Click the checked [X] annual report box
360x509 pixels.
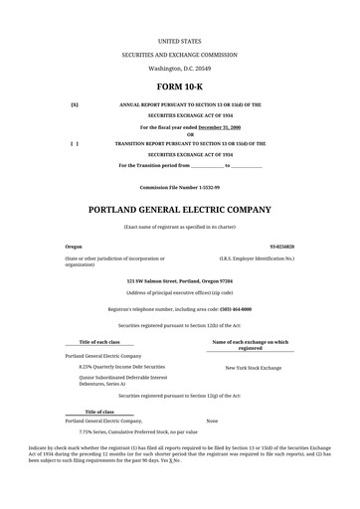click(75, 103)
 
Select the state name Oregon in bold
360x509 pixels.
click(74, 245)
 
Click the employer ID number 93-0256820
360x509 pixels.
click(280, 245)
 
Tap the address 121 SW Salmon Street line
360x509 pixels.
click(179, 281)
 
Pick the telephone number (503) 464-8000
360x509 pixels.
click(229, 309)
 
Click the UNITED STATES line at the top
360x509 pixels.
click(179, 41)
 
